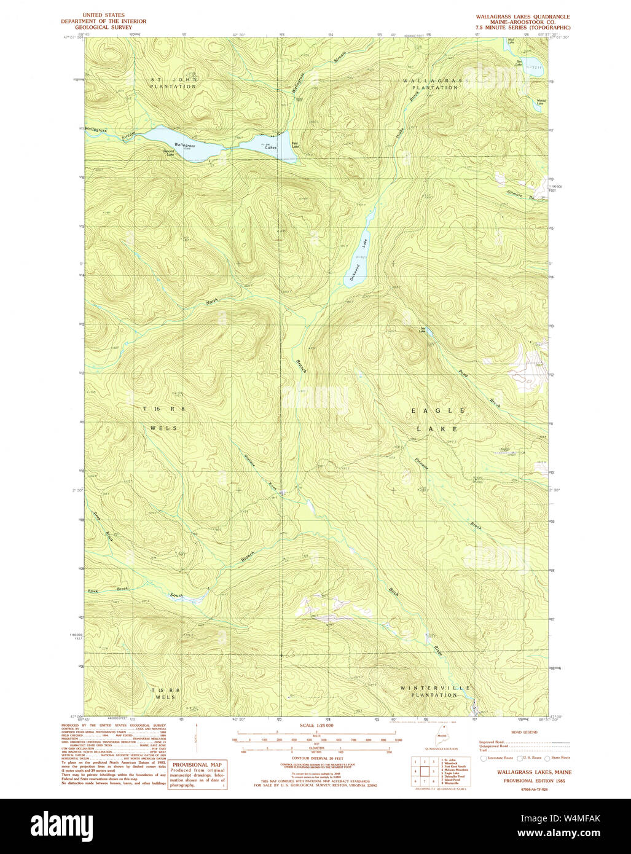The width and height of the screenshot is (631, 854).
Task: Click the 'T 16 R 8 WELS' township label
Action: (160, 418)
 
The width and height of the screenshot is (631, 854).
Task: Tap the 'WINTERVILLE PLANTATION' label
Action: (435, 691)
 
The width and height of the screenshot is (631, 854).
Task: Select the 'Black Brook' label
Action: (108, 590)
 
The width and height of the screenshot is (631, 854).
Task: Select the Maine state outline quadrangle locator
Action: (441, 739)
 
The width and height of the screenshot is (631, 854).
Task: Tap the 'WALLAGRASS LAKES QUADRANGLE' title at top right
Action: (522, 17)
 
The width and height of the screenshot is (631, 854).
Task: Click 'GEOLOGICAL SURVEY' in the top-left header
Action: (103, 28)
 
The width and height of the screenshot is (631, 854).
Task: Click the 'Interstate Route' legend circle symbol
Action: (484, 758)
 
